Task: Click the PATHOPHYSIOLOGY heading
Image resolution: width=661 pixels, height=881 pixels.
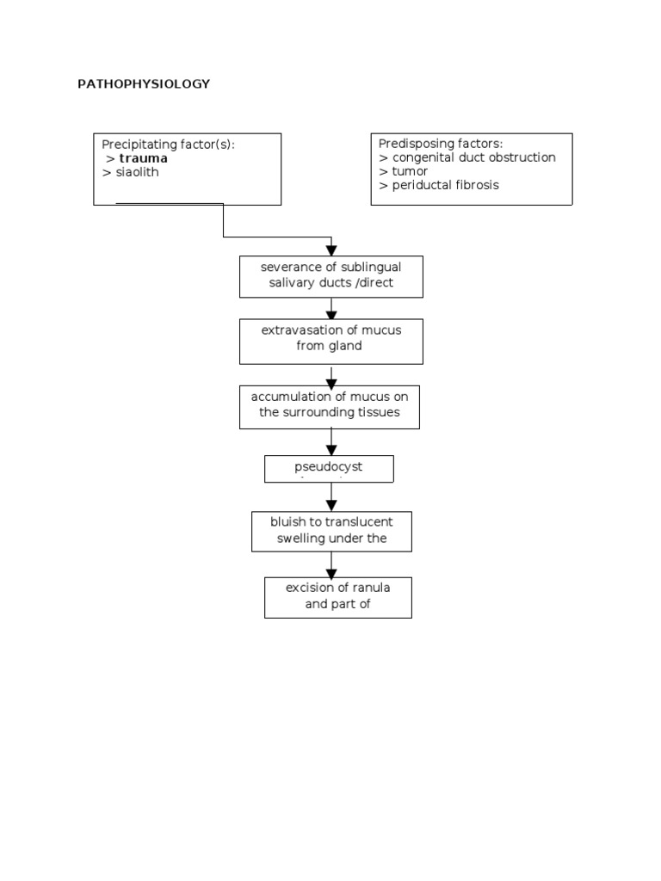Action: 144,84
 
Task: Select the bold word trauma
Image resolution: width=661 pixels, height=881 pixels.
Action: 143,158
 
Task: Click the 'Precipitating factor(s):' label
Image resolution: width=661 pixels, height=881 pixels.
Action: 168,145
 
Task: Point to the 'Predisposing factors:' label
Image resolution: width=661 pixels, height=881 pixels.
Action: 440,144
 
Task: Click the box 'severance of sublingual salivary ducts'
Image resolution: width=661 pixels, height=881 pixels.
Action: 331,275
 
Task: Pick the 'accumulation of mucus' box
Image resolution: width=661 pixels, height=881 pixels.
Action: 330,406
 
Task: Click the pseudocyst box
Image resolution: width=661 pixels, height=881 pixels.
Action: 328,469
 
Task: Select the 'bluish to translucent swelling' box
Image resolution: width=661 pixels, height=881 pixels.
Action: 331,531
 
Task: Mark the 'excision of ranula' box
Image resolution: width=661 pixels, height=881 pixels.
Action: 337,596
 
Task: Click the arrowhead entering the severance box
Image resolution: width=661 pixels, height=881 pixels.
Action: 331,250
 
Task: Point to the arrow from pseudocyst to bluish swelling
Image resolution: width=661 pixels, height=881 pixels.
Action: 331,498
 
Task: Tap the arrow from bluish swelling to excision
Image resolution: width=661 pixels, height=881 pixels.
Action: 331,565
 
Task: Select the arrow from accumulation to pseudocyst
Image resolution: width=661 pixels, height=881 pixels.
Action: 331,443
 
